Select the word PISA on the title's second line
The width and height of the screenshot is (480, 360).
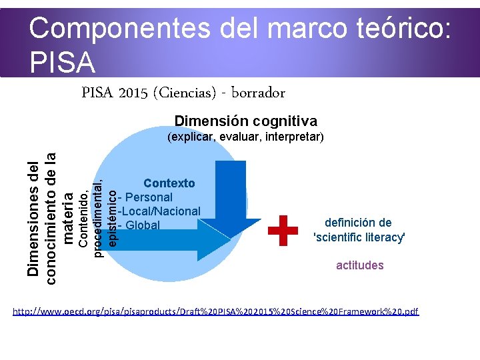pos(63,62)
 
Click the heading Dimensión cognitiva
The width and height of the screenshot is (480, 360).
pos(245,121)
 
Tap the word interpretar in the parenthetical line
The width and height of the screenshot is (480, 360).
pos(295,137)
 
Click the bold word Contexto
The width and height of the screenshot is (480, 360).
pos(169,183)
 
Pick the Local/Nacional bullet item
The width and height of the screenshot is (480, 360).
pos(159,211)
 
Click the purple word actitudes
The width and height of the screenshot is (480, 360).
pos(359,265)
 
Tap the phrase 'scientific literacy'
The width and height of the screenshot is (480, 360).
pos(359,237)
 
